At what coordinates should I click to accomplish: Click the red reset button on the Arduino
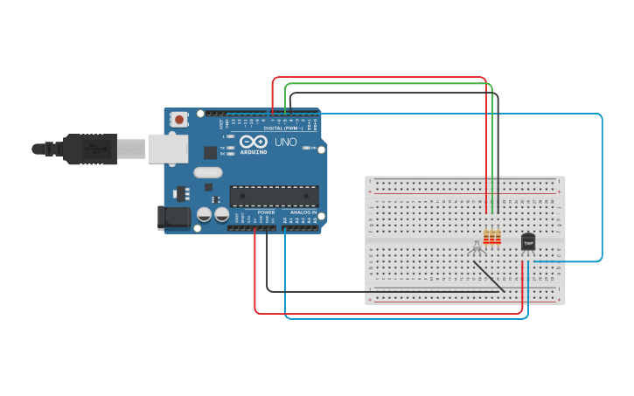[179, 119]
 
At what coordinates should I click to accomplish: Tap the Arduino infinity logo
[254, 142]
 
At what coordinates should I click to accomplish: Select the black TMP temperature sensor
[528, 242]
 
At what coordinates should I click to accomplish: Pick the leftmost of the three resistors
[487, 237]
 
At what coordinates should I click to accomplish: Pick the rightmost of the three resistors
[498, 237]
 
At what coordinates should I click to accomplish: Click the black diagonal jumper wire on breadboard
[490, 276]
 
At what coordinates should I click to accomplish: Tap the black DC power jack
[173, 218]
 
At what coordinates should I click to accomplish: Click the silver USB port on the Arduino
[168, 149]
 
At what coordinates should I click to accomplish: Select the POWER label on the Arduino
[267, 212]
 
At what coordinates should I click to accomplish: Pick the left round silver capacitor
[205, 213]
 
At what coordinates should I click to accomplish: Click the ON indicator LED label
[312, 148]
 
